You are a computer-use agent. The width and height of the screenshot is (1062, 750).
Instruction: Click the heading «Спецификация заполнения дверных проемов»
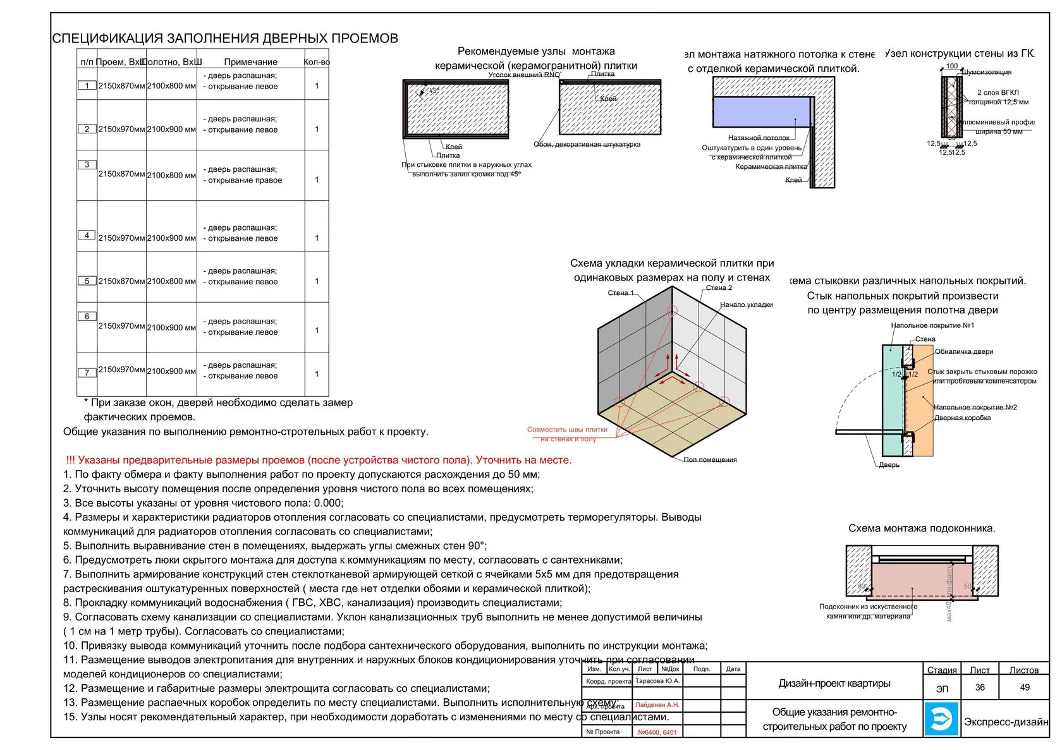(225, 39)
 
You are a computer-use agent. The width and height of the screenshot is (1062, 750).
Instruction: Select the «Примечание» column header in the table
(250, 62)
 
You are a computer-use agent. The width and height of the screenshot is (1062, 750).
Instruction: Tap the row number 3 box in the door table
(87, 165)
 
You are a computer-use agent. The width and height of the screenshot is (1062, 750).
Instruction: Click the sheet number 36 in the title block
(980, 687)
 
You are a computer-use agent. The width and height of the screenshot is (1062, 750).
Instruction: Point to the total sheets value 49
(1025, 687)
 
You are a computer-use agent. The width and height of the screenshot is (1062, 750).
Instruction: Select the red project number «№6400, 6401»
(657, 732)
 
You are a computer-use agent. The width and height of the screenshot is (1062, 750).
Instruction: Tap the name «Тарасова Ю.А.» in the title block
(657, 681)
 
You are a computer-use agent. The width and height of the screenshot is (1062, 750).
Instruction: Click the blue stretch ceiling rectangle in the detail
(761, 112)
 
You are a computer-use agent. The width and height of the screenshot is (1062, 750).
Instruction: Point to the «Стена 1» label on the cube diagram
(621, 293)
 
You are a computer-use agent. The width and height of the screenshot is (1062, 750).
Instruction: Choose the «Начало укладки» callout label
(746, 305)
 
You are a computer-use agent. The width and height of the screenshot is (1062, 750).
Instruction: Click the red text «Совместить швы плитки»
(567, 430)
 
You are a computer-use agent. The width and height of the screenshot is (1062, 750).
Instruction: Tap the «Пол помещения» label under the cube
(710, 460)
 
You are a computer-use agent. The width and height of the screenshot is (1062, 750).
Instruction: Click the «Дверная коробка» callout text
(962, 418)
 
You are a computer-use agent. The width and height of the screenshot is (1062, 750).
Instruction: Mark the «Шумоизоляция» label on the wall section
(986, 72)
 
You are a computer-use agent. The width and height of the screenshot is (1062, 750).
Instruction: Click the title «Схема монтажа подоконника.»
(922, 528)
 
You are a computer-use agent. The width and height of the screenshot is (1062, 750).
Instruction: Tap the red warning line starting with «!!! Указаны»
(319, 460)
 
